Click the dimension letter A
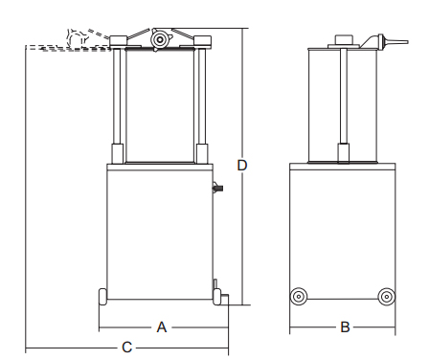click(162, 327)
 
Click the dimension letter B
click(345, 327)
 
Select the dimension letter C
click(126, 348)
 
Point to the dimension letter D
click(242, 166)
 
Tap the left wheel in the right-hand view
click(299, 297)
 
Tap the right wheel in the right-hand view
click(387, 297)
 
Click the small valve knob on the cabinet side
click(217, 188)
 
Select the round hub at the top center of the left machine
click(159, 40)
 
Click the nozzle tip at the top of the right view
click(395, 42)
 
